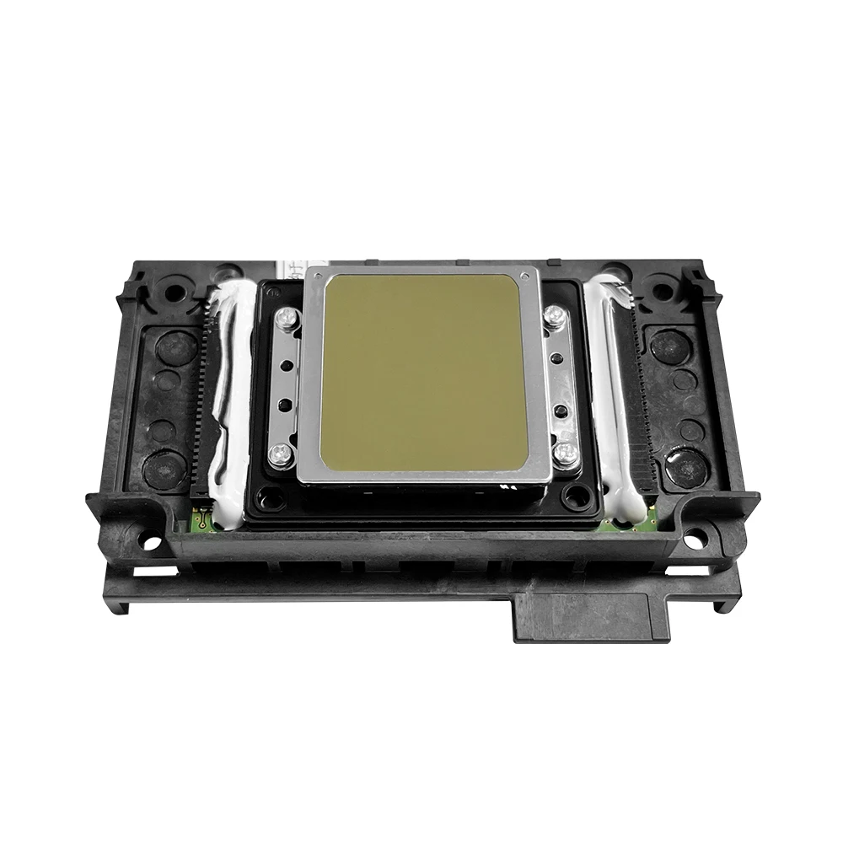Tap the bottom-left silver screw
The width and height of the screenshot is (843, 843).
point(276,455)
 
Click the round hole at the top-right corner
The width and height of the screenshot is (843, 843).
point(664,292)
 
